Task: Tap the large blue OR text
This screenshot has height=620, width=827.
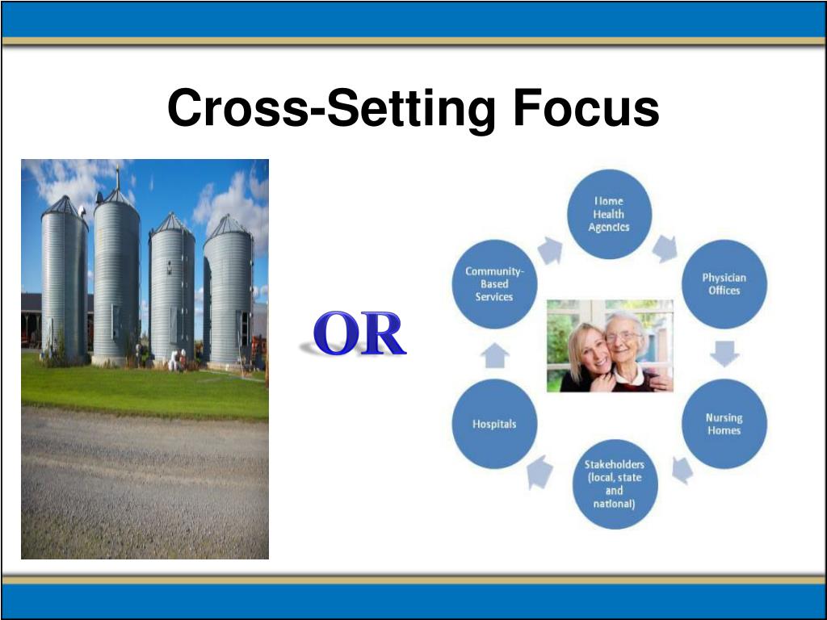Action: pyautogui.click(x=359, y=335)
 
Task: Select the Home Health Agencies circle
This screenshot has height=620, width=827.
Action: pyautogui.click(x=609, y=215)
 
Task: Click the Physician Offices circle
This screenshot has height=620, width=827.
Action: pyautogui.click(x=724, y=284)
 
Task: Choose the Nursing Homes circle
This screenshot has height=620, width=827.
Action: pyautogui.click(x=724, y=424)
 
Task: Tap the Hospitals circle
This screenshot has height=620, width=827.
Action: pyautogui.click(x=494, y=424)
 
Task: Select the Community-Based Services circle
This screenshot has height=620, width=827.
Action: pyautogui.click(x=494, y=284)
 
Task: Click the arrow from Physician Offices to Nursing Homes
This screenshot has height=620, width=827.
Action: pyautogui.click(x=724, y=354)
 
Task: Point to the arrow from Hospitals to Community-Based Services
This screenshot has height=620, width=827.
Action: pyautogui.click(x=494, y=354)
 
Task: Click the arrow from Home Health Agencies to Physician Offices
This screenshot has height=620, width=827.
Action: pyautogui.click(x=665, y=248)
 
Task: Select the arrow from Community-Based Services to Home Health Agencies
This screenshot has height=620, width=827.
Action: pyautogui.click(x=551, y=249)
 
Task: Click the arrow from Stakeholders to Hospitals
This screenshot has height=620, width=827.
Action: pyautogui.click(x=539, y=471)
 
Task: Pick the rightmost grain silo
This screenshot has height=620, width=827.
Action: pyautogui.click(x=228, y=295)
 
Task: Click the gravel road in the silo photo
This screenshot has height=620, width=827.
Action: pyautogui.click(x=145, y=484)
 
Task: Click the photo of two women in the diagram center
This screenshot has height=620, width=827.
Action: pyautogui.click(x=610, y=346)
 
